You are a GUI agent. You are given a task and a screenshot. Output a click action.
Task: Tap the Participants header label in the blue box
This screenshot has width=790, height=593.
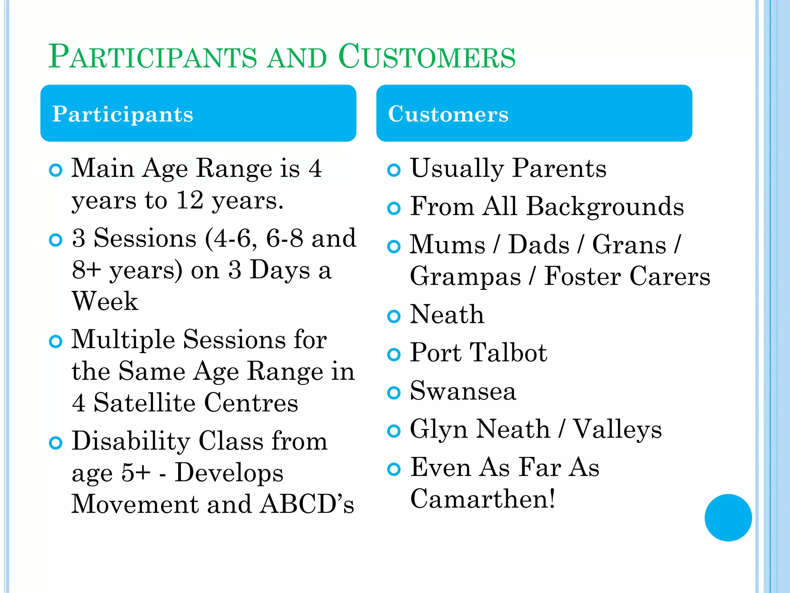123,114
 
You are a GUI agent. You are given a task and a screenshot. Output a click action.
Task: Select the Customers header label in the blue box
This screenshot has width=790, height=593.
448,114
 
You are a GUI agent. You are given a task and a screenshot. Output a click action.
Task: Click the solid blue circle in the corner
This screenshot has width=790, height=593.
728,517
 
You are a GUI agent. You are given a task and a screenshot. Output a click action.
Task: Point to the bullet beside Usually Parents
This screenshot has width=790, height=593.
393,170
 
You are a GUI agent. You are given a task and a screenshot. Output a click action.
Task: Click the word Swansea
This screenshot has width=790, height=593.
463,391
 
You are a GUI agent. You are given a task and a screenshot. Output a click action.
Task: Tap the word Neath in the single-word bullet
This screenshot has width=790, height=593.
447,315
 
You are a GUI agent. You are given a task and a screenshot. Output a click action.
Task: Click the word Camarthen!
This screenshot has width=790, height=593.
483,499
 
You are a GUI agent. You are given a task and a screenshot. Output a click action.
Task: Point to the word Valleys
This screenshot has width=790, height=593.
618,430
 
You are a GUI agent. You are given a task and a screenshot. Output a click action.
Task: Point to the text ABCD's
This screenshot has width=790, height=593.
307,504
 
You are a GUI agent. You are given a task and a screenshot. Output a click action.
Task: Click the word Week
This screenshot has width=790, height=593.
105,302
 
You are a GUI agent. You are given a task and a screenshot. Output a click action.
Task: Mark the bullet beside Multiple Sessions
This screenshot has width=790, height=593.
56,341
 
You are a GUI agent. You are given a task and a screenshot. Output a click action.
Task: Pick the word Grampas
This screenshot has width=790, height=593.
465,277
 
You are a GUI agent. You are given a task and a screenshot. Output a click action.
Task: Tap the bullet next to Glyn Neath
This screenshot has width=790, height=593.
393,431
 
